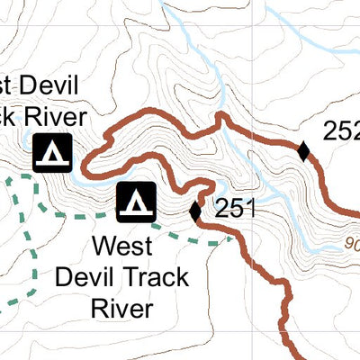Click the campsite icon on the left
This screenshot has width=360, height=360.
52,153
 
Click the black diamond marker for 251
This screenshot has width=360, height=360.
195,211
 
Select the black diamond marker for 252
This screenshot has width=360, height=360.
304,152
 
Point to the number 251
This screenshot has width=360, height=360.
236,210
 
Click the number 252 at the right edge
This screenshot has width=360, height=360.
342,131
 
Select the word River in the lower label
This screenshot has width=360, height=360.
121,308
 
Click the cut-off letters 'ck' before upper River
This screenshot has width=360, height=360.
8,118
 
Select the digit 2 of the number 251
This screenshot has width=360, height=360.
222,210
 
